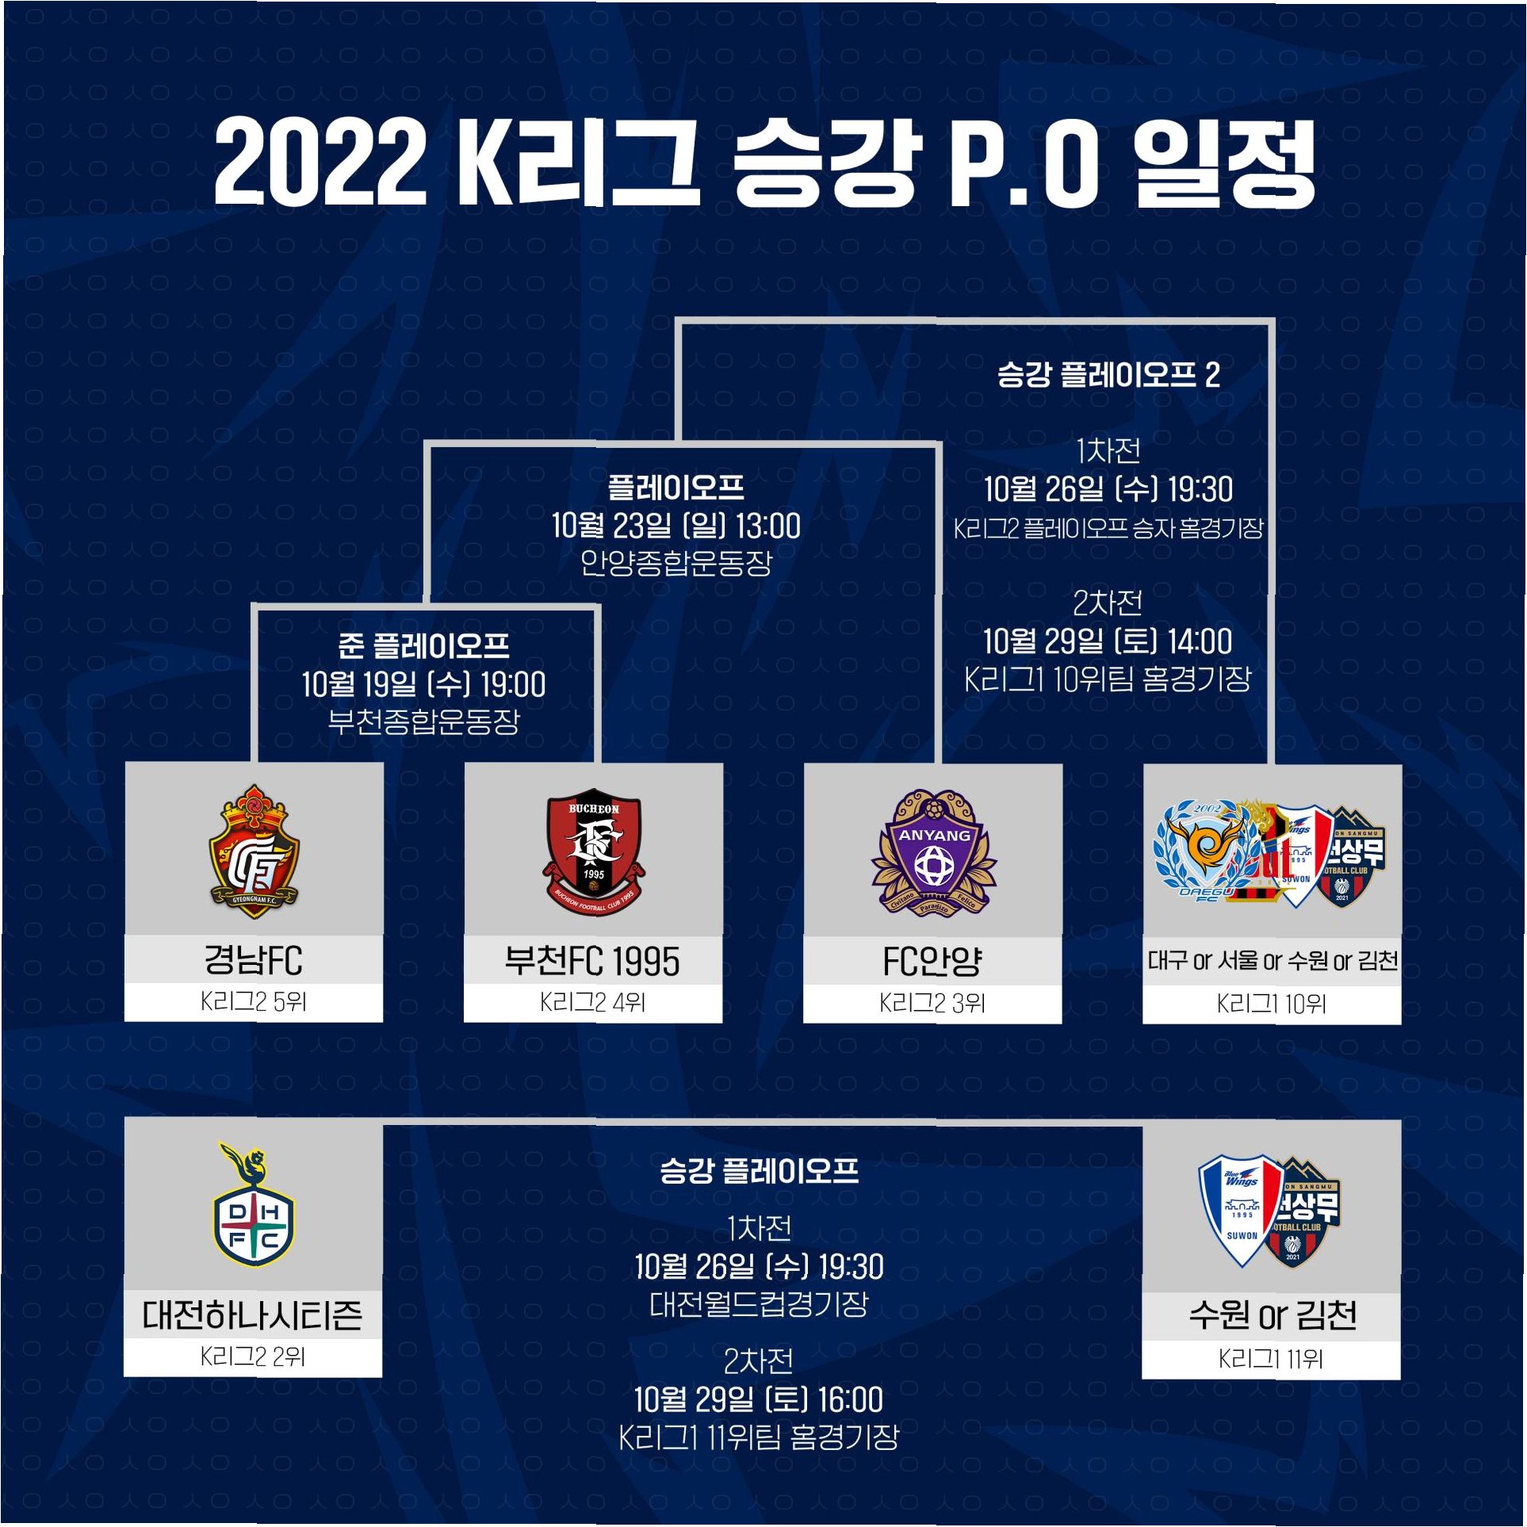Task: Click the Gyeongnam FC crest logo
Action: [x=253, y=852]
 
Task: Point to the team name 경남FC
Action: [x=253, y=960]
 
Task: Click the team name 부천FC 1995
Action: [x=592, y=962]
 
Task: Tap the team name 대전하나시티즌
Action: [x=252, y=1315]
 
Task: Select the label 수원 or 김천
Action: [x=1272, y=1316]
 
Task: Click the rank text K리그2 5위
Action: [x=253, y=1002]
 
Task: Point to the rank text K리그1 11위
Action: [x=1271, y=1359]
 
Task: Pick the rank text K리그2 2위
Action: [x=252, y=1357]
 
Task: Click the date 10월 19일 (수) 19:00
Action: [x=424, y=685]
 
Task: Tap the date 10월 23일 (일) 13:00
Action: [x=676, y=526]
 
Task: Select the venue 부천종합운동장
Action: [x=424, y=721]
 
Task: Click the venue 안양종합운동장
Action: [x=676, y=563]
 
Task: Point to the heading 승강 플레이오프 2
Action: [x=1108, y=374]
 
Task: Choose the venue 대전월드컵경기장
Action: [x=759, y=1304]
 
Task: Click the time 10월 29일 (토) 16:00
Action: [x=759, y=1400]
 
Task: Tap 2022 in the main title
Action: [x=320, y=163]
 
